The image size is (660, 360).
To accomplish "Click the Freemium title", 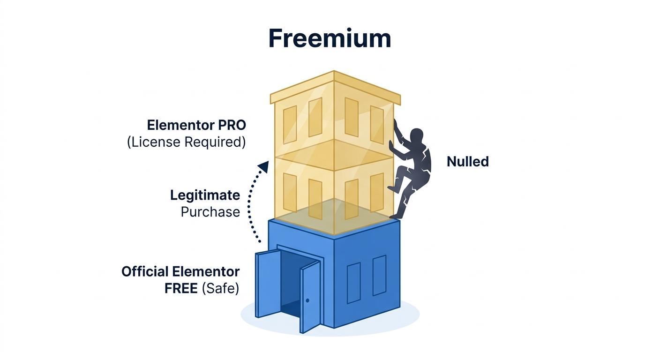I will tap(330, 38).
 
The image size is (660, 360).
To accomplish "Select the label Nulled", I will tap(467, 162).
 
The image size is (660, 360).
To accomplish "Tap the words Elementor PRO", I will tap(196, 125).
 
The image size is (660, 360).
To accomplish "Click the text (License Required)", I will tap(186, 142).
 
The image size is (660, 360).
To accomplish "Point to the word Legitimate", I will tap(205, 195).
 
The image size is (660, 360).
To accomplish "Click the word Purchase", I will tap(210, 212).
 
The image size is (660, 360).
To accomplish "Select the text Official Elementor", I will tap(180, 271).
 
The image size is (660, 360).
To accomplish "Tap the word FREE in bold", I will tap(181, 288).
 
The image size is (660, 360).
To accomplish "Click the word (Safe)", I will tap(220, 288).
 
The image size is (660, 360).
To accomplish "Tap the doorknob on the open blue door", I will tap(307, 300).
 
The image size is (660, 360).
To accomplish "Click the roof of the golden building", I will tap(335, 87).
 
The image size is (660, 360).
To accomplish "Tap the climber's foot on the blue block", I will tap(397, 216).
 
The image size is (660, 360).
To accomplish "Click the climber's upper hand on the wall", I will tap(396, 126).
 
